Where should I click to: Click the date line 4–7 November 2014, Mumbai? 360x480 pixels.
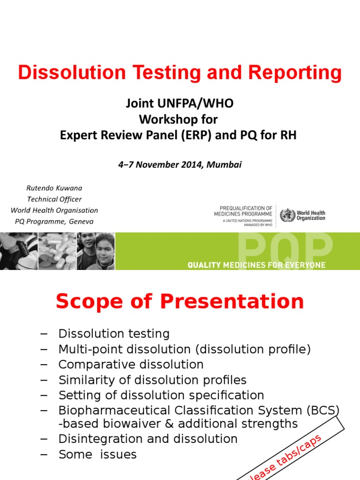(x=179, y=165)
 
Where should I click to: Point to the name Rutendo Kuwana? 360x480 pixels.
(x=54, y=188)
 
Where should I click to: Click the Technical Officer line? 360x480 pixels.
(x=54, y=199)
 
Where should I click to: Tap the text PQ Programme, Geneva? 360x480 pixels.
(x=54, y=221)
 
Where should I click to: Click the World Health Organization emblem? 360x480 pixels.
(x=287, y=216)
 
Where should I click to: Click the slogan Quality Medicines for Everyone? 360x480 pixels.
(x=256, y=265)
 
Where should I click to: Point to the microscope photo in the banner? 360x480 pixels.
(x=18, y=251)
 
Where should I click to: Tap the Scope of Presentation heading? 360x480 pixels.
(x=180, y=301)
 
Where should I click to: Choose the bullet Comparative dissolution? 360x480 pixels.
(x=131, y=365)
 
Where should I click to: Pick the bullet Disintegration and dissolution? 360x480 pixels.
(x=148, y=439)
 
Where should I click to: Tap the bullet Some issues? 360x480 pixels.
(x=97, y=455)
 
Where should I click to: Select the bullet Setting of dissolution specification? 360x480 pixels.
(x=161, y=395)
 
